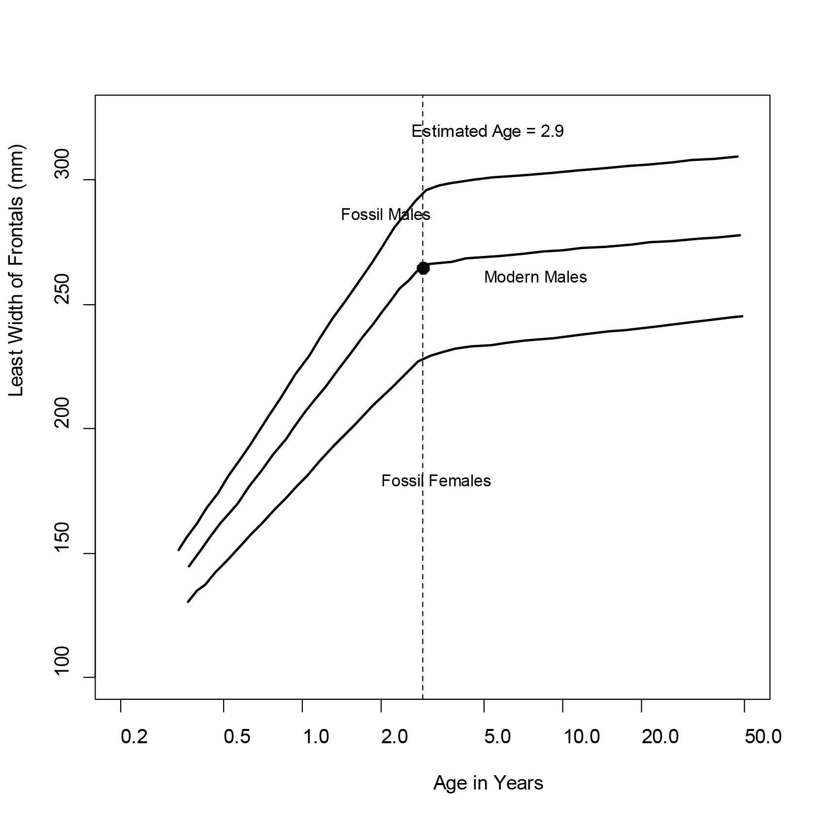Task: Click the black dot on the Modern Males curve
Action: pyautogui.click(x=423, y=268)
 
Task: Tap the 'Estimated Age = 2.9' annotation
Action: pyautogui.click(x=488, y=131)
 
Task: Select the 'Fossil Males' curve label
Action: pyautogui.click(x=386, y=215)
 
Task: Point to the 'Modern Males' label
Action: pyautogui.click(x=535, y=277)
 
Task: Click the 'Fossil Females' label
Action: pyautogui.click(x=436, y=480)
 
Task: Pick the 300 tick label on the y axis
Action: pyautogui.click(x=63, y=180)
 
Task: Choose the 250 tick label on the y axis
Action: pyautogui.click(x=63, y=305)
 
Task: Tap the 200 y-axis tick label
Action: pyautogui.click(x=63, y=429)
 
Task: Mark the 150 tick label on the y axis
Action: pyautogui.click(x=63, y=553)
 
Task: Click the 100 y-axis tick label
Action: pyautogui.click(x=63, y=677)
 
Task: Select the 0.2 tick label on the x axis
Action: pyautogui.click(x=134, y=737)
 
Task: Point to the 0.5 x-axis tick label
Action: pyautogui.click(x=237, y=737)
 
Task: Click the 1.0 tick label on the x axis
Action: pyautogui.click(x=316, y=737)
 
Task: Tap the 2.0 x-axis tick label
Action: pyautogui.click(x=394, y=737)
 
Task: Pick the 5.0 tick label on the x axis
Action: pyautogui.click(x=497, y=737)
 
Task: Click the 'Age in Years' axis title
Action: pyautogui.click(x=488, y=783)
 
